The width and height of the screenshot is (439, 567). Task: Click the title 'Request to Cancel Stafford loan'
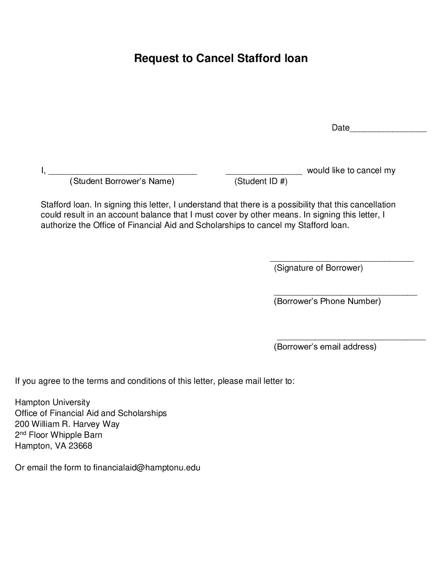point(221,58)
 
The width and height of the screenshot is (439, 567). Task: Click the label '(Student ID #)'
point(261,181)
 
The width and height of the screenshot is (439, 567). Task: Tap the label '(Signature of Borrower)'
point(318,268)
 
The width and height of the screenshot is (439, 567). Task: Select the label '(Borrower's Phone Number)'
point(327,301)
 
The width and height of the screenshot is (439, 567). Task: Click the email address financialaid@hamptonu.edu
point(147,468)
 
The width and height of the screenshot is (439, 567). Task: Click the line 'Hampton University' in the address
point(52,402)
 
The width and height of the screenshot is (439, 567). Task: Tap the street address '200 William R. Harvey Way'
point(67,424)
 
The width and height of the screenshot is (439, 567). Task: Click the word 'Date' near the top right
point(341,128)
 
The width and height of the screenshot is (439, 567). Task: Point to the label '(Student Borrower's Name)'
point(122,181)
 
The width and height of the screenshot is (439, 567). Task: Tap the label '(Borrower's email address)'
point(325,347)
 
